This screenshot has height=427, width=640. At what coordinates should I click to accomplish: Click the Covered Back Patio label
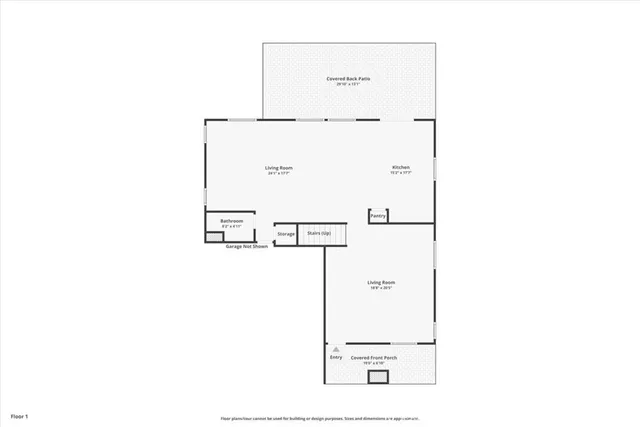[x=349, y=78]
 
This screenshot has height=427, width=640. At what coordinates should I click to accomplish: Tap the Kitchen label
[x=400, y=167]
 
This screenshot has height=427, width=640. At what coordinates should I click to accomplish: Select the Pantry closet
[x=378, y=215]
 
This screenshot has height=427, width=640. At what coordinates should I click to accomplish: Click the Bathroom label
[x=232, y=221]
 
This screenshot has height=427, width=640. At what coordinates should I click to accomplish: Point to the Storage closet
[x=286, y=234]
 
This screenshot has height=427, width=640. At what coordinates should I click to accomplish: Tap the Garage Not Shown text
[x=246, y=246]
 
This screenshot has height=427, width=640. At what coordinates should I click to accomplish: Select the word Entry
[x=335, y=357]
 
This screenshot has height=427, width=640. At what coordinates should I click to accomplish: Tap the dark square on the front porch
[x=378, y=377]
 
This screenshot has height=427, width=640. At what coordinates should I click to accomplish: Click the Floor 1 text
[x=20, y=414]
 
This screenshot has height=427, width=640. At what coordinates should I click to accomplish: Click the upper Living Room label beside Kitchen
[x=278, y=167]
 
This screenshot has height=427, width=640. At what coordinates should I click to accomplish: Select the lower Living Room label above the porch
[x=380, y=283]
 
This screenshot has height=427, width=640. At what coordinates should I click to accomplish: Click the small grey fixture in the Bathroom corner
[x=215, y=237]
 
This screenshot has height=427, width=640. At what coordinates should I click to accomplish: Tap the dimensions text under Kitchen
[x=400, y=173]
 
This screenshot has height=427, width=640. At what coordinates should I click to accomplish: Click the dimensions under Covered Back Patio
[x=349, y=84]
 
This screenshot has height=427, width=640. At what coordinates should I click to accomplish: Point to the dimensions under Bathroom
[x=232, y=227]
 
